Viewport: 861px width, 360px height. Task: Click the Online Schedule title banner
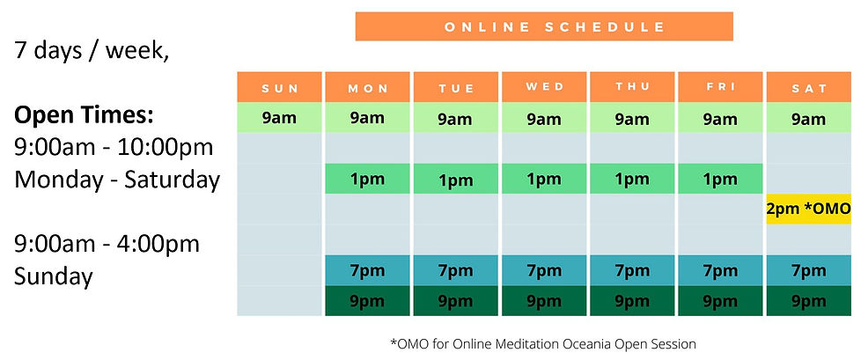pos(543,26)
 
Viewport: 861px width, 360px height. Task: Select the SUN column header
pos(279,87)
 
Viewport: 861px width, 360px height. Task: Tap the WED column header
pos(544,87)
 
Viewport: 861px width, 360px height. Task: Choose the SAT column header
pos(809,87)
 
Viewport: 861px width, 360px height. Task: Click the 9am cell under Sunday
pos(279,117)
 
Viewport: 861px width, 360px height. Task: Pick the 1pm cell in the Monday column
pos(367,179)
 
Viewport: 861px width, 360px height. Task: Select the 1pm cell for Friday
pos(720,179)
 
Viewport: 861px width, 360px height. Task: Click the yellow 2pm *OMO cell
pos(809,209)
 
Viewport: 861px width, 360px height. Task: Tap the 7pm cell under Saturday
pos(809,270)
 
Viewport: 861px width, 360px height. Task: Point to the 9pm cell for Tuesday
pos(456,301)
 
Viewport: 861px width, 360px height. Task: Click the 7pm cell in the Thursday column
pos(632,270)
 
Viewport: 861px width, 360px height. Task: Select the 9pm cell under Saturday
pos(809,301)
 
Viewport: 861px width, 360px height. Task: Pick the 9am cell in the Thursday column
pos(632,117)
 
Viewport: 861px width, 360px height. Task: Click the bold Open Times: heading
pos(84,116)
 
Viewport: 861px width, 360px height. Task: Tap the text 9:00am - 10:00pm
pos(114,148)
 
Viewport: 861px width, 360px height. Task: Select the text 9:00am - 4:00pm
pos(107,244)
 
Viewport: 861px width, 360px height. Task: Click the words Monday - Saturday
pos(117,180)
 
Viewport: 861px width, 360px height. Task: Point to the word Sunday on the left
pos(54,277)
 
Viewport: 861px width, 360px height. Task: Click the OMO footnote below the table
pos(543,345)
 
